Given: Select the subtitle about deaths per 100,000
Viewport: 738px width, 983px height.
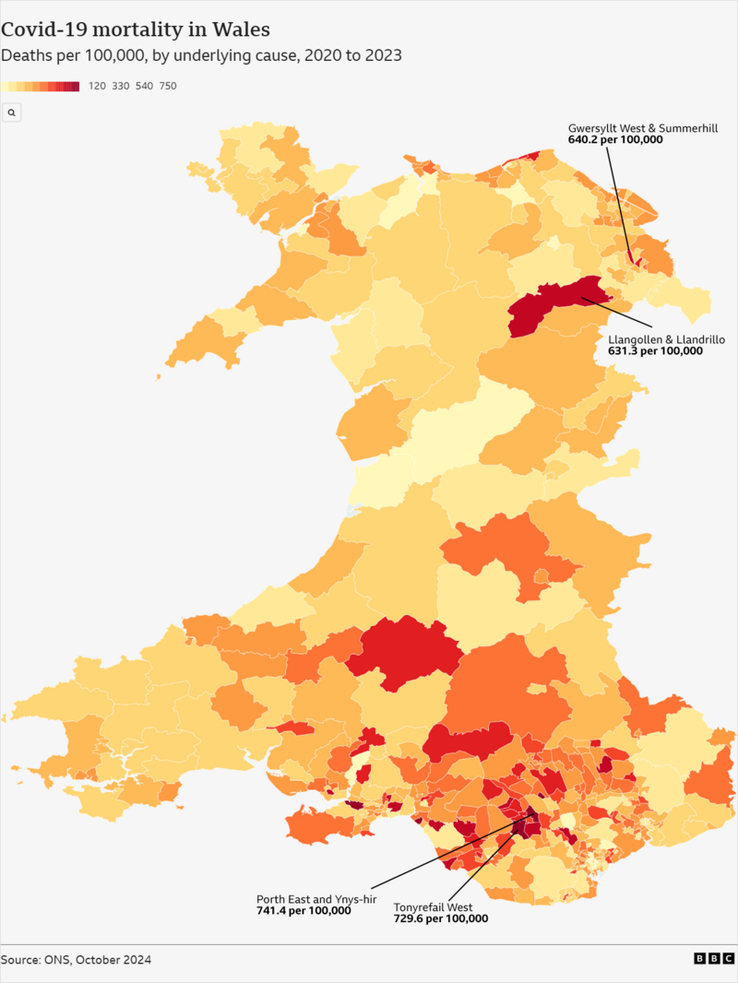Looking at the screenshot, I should (201, 56).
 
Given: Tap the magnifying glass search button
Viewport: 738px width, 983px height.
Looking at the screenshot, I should (12, 113).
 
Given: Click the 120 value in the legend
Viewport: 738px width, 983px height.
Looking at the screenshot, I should (97, 87).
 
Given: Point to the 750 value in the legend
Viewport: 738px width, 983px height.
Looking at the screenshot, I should (168, 87).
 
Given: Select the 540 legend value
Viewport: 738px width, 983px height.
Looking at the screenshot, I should (144, 87).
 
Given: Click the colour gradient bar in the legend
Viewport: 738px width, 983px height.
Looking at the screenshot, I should (42, 87).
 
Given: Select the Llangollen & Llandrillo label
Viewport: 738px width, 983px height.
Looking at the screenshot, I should (666, 339).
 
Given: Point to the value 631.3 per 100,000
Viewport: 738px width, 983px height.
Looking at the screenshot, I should (655, 350).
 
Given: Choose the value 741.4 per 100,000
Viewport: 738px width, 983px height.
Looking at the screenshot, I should (304, 910).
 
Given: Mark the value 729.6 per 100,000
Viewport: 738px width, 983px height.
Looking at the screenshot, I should (441, 918).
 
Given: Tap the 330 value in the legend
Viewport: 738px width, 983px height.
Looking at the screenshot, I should (121, 87).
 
